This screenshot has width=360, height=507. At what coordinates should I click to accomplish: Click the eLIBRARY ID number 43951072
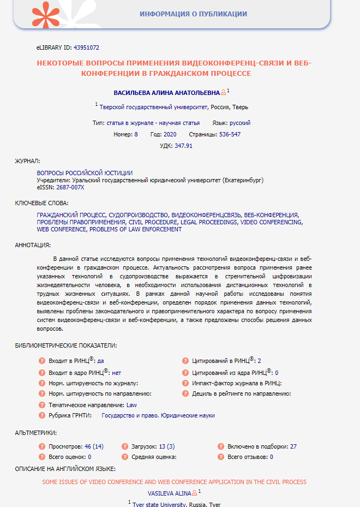pyautogui.click(x=84, y=48)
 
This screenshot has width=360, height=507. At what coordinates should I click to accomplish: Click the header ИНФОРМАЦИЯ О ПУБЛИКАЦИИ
pyautogui.click(x=193, y=14)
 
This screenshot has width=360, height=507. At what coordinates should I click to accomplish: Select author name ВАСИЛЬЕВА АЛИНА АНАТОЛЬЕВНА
pyautogui.click(x=166, y=93)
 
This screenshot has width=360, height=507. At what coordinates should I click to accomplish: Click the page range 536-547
pyautogui.click(x=230, y=134)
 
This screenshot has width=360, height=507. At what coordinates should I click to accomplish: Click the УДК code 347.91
pyautogui.click(x=184, y=146)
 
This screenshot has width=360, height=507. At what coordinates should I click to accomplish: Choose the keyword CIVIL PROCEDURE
pyautogui.click(x=153, y=223)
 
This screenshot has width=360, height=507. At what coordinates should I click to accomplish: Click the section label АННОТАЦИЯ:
pyautogui.click(x=33, y=245)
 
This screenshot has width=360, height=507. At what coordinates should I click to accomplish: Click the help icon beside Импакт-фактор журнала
pyautogui.click(x=186, y=384)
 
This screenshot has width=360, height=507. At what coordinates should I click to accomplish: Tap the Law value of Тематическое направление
pyautogui.click(x=131, y=405)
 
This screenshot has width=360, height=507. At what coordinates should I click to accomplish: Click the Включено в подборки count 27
pyautogui.click(x=293, y=446)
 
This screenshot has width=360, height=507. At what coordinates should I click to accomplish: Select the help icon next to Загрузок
pyautogui.click(x=125, y=446)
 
